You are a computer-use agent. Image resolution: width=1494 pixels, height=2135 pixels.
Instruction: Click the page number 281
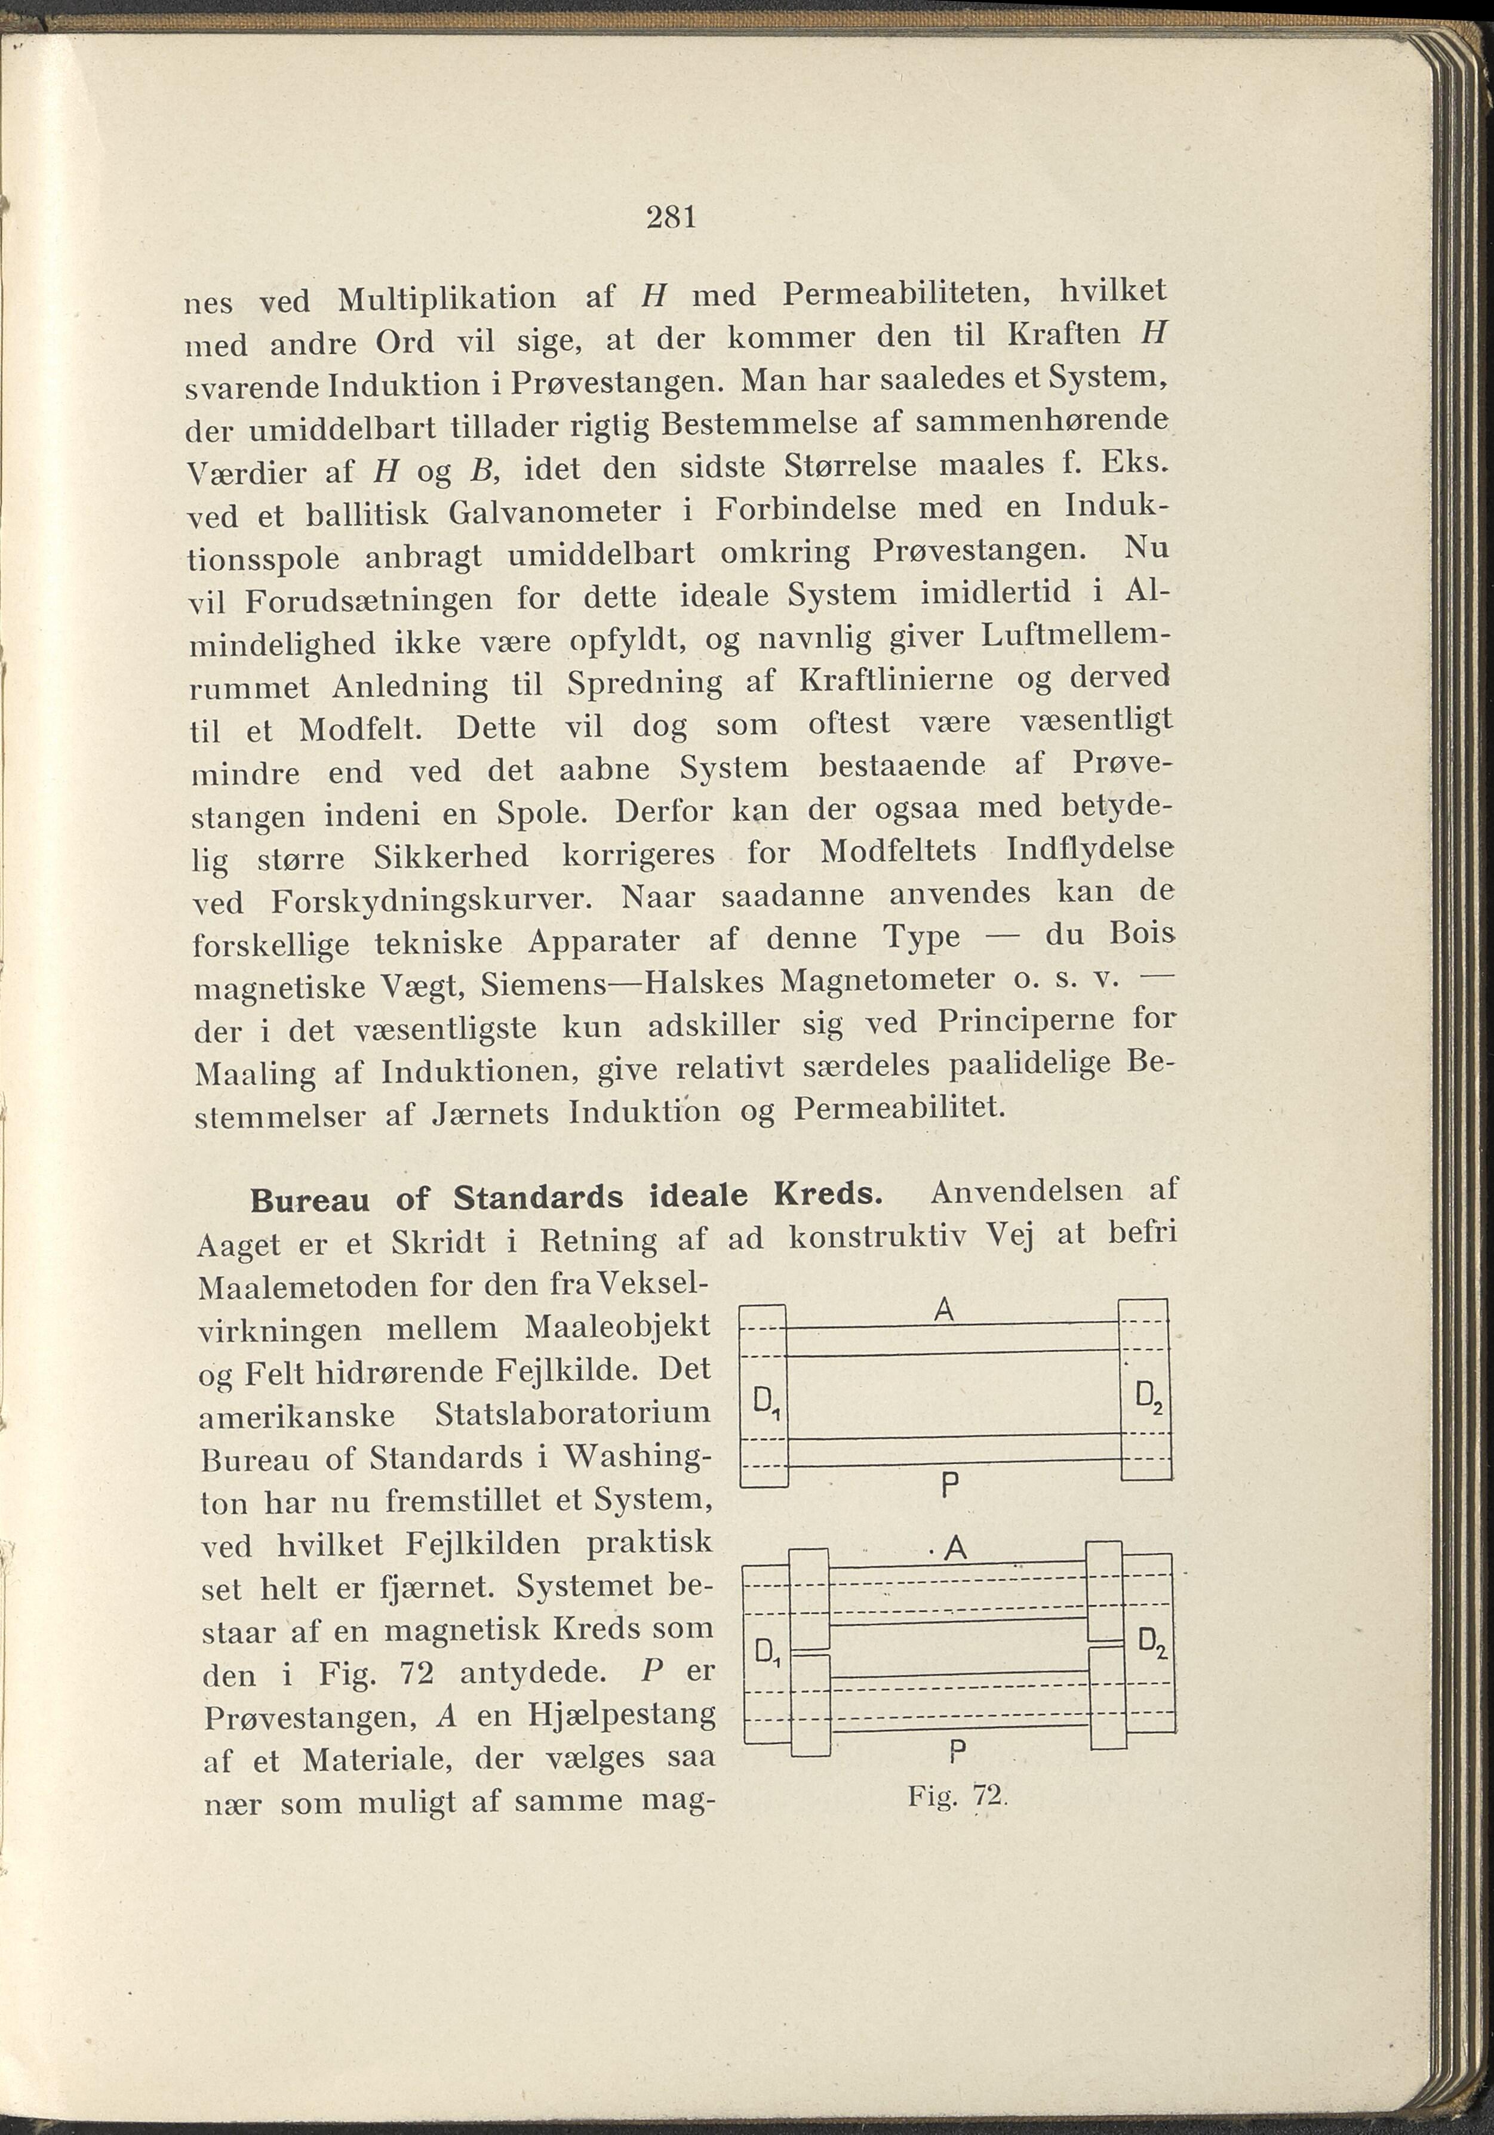point(670,218)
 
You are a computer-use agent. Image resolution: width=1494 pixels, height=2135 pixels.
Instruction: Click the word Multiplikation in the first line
point(447,300)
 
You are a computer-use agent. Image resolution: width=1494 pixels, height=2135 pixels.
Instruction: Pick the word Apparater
point(604,942)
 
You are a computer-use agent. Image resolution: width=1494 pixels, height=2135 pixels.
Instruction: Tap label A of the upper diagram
point(943,1310)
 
